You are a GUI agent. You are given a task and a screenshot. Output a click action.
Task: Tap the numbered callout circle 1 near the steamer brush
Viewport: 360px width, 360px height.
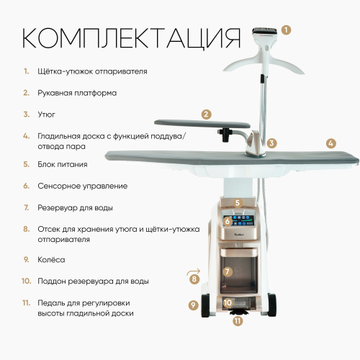pos(287,30)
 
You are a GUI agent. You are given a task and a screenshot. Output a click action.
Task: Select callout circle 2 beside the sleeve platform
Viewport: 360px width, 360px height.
pos(207,114)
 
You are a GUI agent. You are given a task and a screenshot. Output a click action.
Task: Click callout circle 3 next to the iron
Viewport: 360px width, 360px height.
pos(272,143)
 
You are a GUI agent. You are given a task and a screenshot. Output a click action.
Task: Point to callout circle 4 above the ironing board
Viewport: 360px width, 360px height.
pos(330,143)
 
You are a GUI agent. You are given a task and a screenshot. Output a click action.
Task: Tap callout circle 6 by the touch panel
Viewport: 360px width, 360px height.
pos(228,221)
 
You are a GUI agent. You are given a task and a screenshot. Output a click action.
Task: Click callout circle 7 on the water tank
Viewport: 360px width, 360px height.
pos(228,272)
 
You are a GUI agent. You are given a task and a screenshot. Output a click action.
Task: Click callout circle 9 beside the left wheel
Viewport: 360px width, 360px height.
pos(192,305)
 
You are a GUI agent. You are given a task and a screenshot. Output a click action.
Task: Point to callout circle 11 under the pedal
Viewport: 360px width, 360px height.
pos(238,321)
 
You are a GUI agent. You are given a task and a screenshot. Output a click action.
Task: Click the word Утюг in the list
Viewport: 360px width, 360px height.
pos(46,114)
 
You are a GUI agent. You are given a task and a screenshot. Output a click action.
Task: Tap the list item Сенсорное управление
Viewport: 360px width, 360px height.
pos(83,186)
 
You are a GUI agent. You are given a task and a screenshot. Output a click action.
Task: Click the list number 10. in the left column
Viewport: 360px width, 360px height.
pos(26,281)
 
